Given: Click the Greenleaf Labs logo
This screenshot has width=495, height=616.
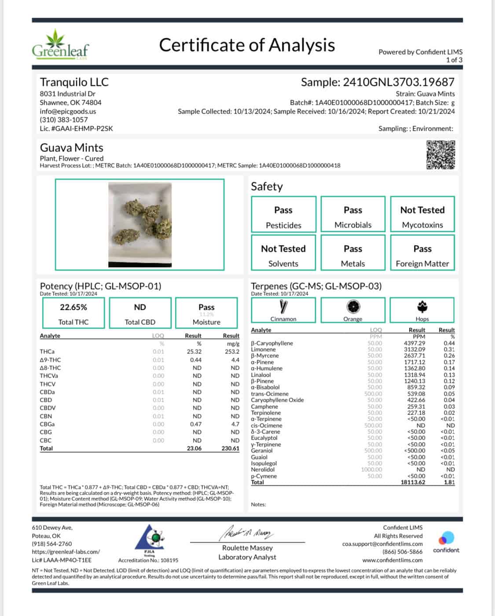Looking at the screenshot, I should click(x=60, y=45).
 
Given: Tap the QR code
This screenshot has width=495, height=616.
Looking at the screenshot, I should click(x=440, y=154).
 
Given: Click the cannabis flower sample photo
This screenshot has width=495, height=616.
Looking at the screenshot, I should click(x=140, y=225).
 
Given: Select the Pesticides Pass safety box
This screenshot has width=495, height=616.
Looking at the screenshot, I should click(x=284, y=214).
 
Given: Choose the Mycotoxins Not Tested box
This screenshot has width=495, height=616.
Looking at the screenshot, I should click(x=422, y=214).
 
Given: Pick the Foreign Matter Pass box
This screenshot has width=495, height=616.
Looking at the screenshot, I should click(x=422, y=253).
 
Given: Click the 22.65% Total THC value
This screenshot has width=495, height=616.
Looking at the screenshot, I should click(x=73, y=307).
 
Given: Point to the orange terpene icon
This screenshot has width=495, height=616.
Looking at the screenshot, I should click(x=353, y=307).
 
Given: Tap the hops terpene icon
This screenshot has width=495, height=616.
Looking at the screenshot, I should click(x=422, y=307).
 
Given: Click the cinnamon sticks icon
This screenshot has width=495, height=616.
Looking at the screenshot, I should click(x=283, y=307).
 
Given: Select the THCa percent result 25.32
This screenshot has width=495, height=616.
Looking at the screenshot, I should click(x=193, y=352).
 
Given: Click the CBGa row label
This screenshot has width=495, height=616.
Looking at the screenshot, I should click(x=48, y=424).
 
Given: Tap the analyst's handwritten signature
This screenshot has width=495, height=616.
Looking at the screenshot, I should click(x=246, y=534).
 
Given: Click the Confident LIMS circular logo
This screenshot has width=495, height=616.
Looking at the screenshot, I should click(x=446, y=538).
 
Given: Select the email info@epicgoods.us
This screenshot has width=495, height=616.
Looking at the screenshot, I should click(x=68, y=111).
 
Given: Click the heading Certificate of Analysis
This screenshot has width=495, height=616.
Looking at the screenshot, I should click(x=247, y=45).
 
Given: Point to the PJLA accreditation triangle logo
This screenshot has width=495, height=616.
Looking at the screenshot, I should click(x=149, y=537).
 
